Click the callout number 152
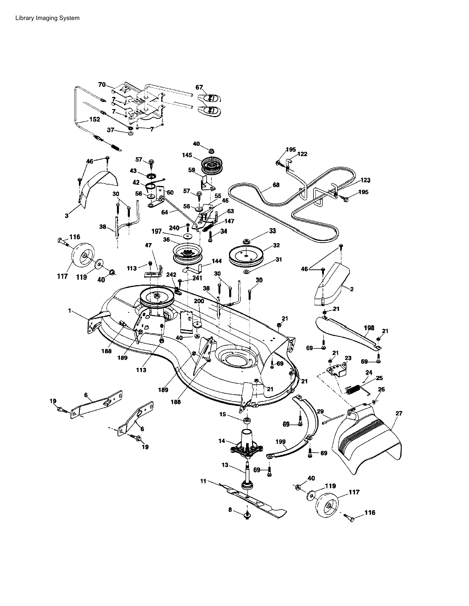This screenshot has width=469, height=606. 95,119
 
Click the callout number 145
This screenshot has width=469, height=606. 187,155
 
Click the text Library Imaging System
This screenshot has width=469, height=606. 47,18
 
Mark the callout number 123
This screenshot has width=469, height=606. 365,180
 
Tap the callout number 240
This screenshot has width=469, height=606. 174,228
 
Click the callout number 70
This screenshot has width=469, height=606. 102,85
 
